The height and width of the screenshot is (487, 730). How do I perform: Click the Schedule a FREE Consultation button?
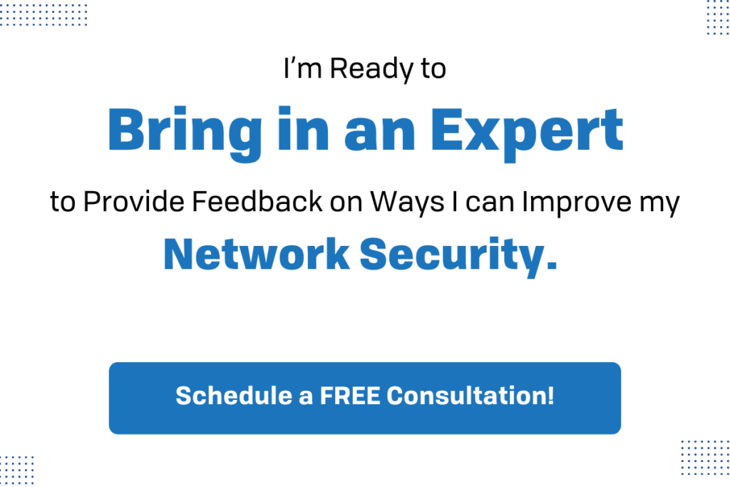click(x=364, y=398)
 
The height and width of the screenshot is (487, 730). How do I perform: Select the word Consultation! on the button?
click(x=471, y=396)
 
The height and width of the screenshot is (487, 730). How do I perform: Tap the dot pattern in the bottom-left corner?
click(x=16, y=470)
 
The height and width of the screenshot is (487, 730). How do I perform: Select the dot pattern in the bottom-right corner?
click(x=703, y=459)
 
